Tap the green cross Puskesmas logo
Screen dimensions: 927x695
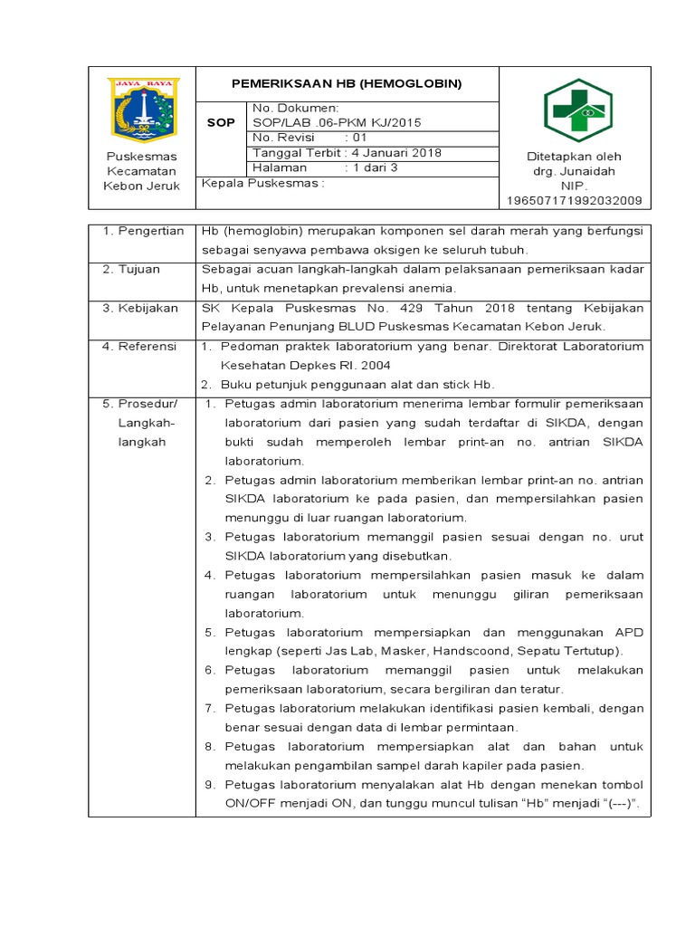(577, 110)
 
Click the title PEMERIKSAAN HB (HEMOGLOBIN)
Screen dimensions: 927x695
(347, 83)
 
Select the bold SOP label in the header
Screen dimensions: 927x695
(221, 122)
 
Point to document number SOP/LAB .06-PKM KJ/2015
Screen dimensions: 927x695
(337, 122)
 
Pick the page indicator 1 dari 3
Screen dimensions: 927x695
(373, 167)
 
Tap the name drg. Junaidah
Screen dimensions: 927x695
(574, 171)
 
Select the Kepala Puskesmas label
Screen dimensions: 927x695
(262, 183)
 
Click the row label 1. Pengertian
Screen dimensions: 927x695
(142, 232)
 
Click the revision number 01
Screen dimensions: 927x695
(359, 137)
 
